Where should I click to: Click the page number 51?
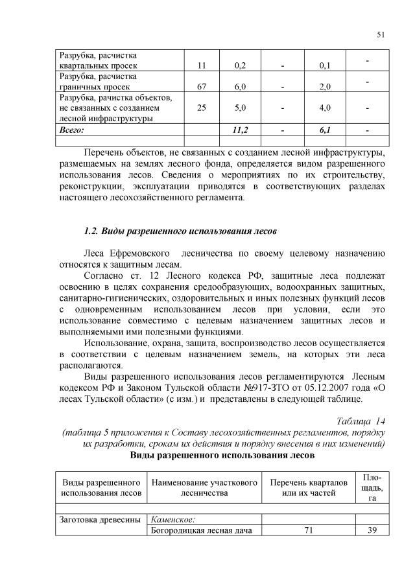(380, 35)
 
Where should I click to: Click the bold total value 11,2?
(243, 130)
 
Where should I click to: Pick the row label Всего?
(72, 130)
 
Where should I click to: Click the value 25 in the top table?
(201, 108)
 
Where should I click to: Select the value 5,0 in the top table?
(243, 108)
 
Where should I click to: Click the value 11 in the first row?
(201, 65)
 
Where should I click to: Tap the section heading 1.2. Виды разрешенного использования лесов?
(181, 231)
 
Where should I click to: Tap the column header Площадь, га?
(372, 487)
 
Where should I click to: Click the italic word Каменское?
(172, 519)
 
